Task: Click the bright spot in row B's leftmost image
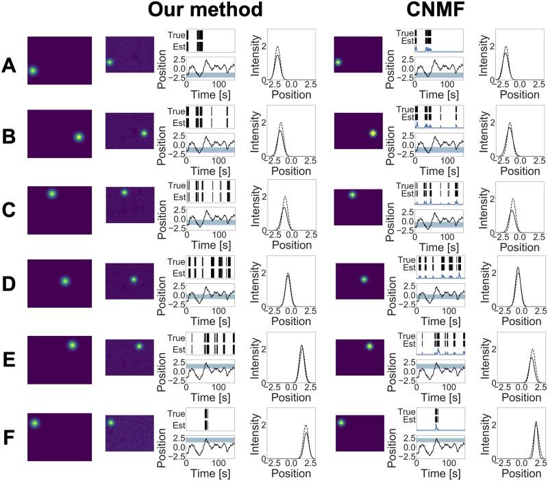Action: click(79, 137)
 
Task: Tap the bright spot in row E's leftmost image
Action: click(72, 345)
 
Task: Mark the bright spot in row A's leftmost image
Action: click(32, 70)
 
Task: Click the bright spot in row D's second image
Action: click(134, 279)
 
